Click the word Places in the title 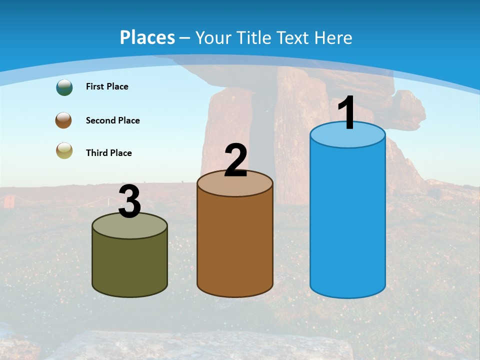click(x=147, y=37)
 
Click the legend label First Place click(x=107, y=86)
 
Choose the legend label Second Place click(x=112, y=120)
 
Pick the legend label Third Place click(x=108, y=153)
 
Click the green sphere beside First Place click(x=64, y=87)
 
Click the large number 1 click(x=347, y=113)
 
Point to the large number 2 click(x=235, y=160)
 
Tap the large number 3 click(x=129, y=201)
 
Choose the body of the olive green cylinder click(x=129, y=262)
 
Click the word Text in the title click(x=295, y=37)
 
